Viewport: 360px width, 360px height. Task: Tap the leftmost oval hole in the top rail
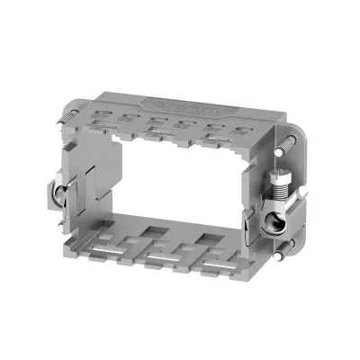pyautogui.click(x=130, y=115)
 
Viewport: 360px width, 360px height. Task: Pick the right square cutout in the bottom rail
pyautogui.click(x=211, y=242)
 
